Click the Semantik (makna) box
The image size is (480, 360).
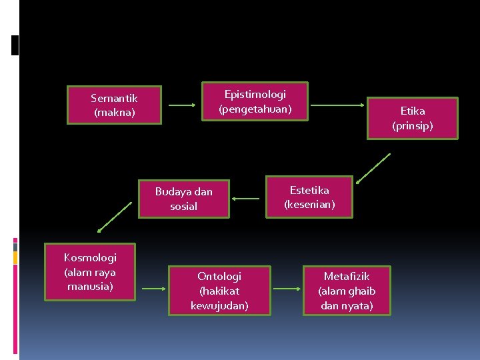(x=115, y=105)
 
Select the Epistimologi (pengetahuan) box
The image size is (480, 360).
(x=255, y=101)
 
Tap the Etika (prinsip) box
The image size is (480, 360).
(x=413, y=118)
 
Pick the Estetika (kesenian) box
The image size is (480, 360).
(x=309, y=197)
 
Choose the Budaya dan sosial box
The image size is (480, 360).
(x=183, y=199)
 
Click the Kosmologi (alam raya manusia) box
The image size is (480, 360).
(x=90, y=271)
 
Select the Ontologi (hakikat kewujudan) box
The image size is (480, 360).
(x=219, y=291)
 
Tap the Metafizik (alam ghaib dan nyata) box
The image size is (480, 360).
(x=347, y=291)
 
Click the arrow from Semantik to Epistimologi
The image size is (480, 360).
(x=183, y=105)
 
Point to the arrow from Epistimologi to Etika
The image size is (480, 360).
(x=338, y=105)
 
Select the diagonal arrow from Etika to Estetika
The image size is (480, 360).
(x=373, y=167)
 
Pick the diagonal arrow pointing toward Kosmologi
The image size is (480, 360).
(x=115, y=217)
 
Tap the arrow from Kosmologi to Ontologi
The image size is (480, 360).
(x=153, y=289)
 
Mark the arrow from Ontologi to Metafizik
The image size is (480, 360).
(x=288, y=289)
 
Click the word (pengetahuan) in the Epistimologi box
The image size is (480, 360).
(x=255, y=109)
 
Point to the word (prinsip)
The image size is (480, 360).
(x=413, y=125)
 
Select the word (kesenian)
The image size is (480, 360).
(x=309, y=205)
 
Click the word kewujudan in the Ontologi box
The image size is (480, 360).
(x=219, y=305)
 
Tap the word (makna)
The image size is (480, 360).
(x=115, y=113)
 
